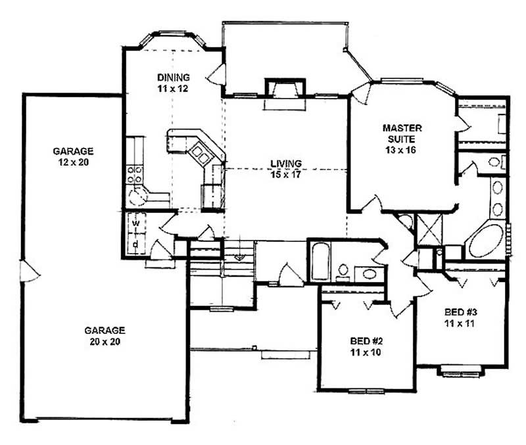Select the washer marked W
[x=135, y=222]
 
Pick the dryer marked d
[x=135, y=244]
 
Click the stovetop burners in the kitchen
[x=135, y=174]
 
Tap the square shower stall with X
[x=430, y=229]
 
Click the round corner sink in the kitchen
[x=139, y=197]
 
